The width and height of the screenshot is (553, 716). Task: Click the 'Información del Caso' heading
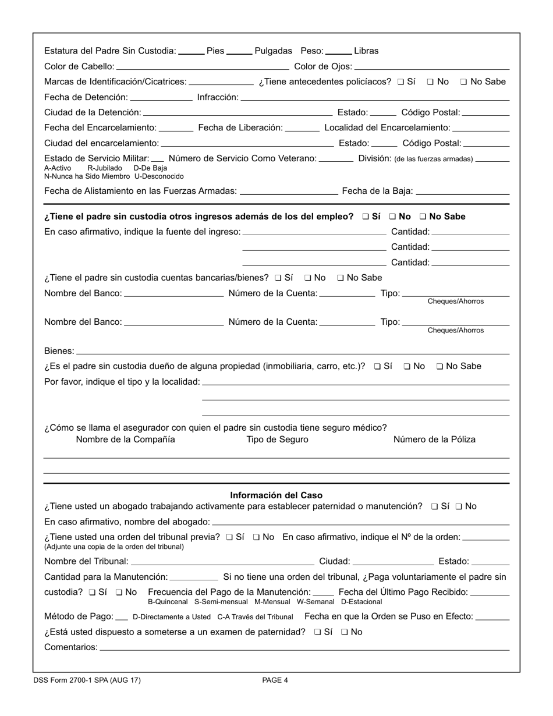click(x=276, y=495)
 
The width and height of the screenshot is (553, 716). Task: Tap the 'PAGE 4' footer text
click(x=275, y=680)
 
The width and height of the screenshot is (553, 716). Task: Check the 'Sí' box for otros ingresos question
click(x=365, y=217)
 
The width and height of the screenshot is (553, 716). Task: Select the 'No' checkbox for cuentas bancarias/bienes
click(x=308, y=278)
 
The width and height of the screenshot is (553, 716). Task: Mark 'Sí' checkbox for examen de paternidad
click(x=317, y=632)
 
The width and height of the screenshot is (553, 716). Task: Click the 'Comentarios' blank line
click(x=304, y=648)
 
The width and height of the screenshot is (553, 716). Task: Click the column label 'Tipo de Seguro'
click(x=277, y=439)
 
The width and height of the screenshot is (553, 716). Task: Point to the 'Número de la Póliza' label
click(x=434, y=439)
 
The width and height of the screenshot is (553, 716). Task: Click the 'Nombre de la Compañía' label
click(x=125, y=439)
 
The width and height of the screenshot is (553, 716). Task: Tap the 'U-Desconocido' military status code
click(x=159, y=176)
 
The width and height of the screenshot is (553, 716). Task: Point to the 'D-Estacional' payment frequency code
click(x=361, y=602)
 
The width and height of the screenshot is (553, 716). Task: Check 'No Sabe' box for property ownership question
click(x=439, y=366)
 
